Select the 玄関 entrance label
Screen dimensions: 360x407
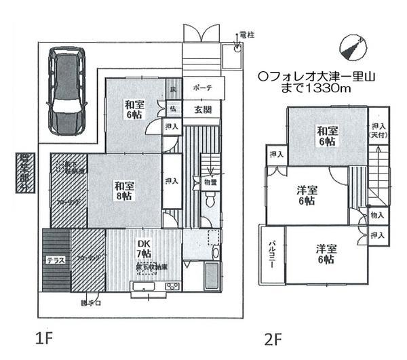pyautogui.click(x=202, y=110)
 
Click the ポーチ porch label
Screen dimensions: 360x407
pyautogui.click(x=202, y=88)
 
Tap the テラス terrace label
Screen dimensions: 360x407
pyautogui.click(x=55, y=260)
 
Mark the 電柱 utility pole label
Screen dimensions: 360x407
pyautogui.click(x=247, y=35)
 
